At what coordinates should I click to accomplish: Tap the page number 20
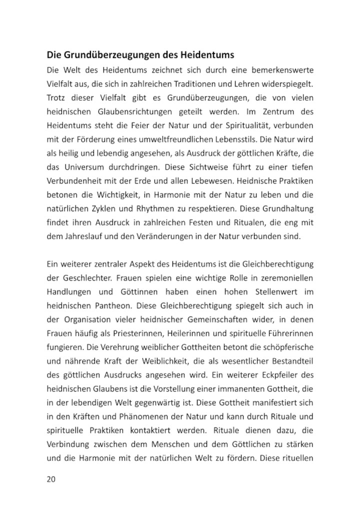(51, 479)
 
